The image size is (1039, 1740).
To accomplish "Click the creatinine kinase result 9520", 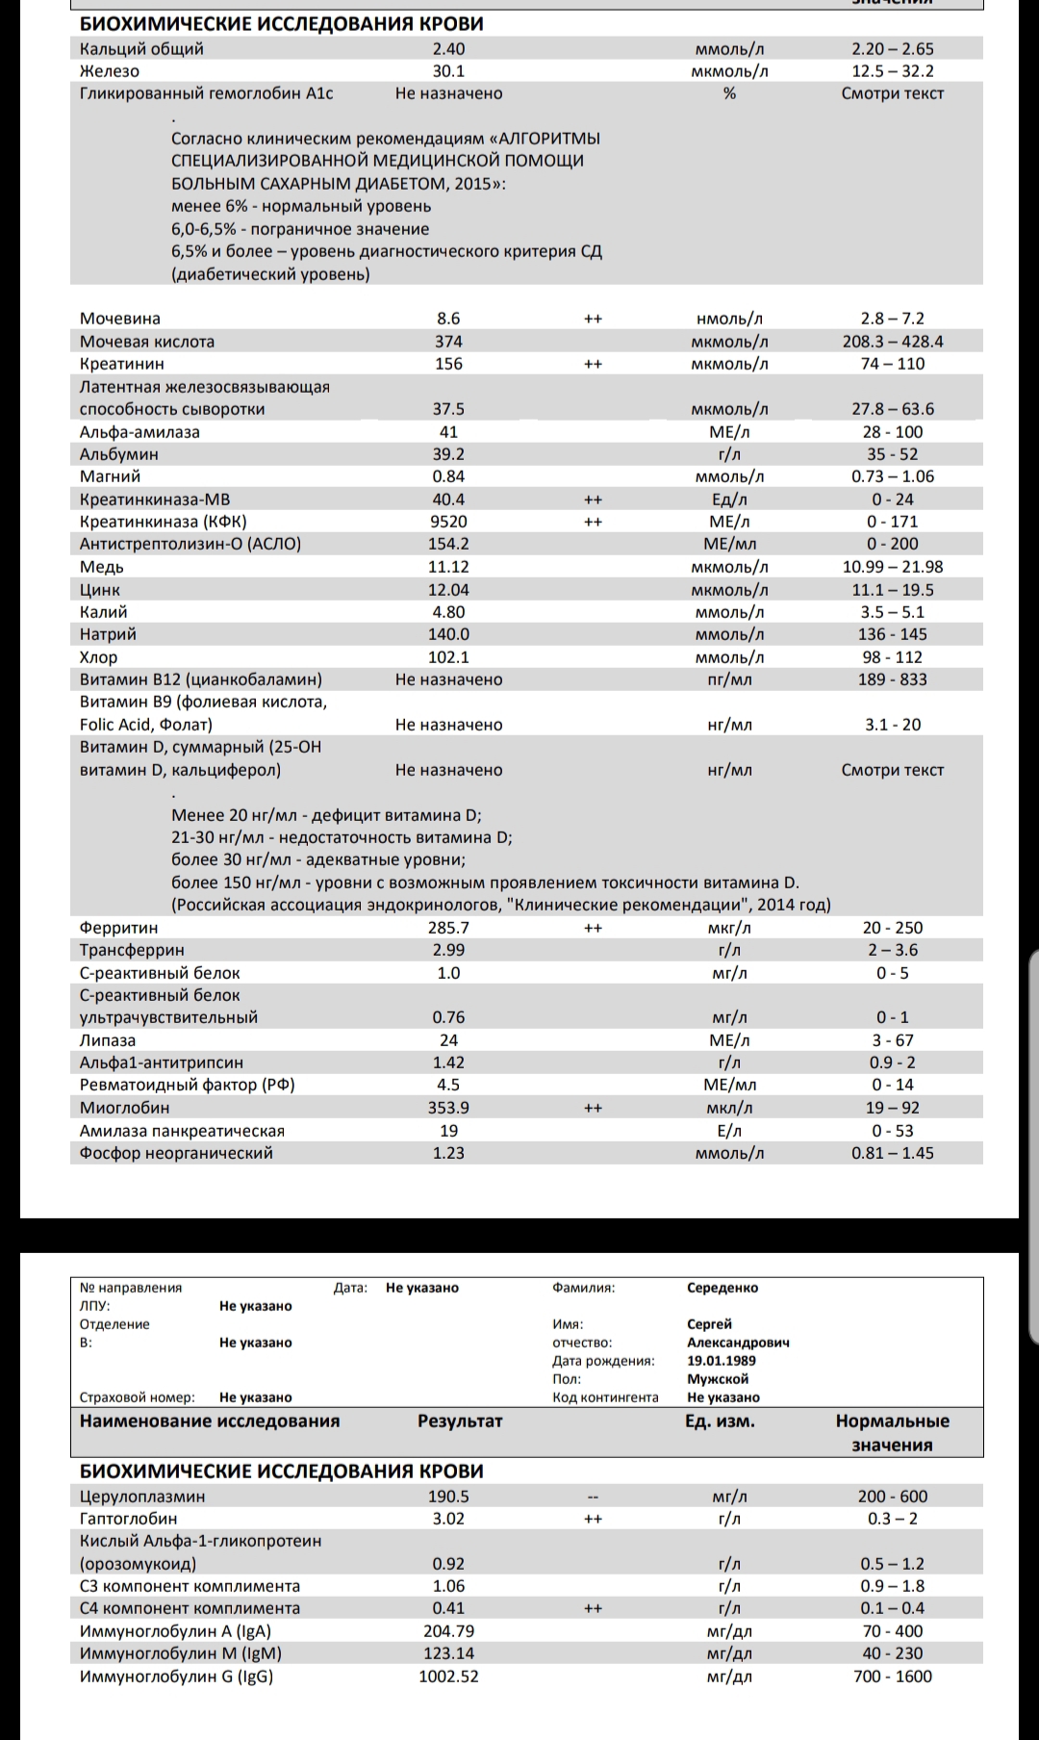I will coord(448,522).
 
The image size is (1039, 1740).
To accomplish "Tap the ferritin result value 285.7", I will coord(448,928).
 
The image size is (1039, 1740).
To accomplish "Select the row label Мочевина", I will coord(120,319).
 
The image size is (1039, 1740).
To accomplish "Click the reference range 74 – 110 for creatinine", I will coord(892,364).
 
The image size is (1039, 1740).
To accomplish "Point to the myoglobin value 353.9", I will coord(448,1108).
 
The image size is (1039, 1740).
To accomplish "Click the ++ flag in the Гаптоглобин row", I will coord(593,1519).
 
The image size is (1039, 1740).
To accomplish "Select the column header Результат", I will coord(460,1421).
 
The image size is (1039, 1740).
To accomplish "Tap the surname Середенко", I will coord(722,1288).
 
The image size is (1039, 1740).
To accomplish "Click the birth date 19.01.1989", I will coord(722,1361).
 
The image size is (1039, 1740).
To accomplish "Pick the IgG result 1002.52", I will coord(448,1676).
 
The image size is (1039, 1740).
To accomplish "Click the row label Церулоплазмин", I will coord(142,1497).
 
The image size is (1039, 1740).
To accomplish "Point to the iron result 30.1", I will coord(448,71).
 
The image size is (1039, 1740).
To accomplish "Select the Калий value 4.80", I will coord(448,612).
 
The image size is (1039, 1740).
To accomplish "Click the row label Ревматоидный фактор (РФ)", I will coord(188,1085).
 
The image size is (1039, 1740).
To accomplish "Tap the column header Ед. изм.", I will coord(720,1421).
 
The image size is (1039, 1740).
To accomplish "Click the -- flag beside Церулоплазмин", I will coord(593,1497).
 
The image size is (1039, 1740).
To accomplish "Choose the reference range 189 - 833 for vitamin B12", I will coord(892,679).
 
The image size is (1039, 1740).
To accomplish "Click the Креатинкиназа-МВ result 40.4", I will coord(448,499).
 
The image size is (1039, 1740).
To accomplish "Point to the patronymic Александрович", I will coord(739,1343).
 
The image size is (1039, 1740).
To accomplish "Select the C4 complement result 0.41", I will coord(448,1608).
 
